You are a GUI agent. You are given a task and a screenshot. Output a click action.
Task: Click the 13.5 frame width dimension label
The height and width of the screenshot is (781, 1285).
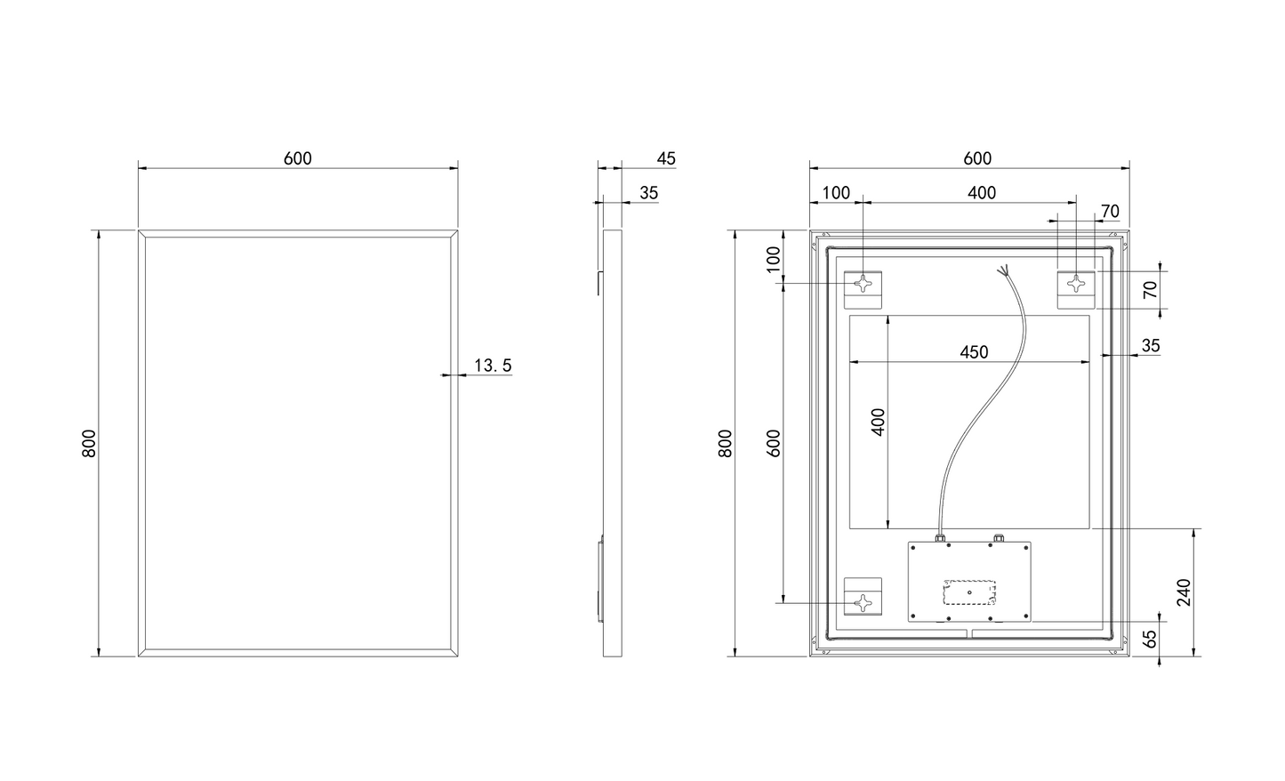tap(493, 366)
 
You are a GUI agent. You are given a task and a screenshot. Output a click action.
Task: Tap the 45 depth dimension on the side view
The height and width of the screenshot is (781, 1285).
tap(666, 158)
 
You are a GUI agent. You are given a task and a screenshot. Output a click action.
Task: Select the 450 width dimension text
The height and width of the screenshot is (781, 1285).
tap(974, 351)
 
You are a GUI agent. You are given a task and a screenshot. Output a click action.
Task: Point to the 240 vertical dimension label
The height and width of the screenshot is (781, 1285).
tap(1184, 592)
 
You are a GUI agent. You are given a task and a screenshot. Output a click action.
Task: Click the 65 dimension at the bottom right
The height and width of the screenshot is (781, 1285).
tap(1150, 639)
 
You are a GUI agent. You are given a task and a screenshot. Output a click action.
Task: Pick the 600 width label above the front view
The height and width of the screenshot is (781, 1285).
tap(298, 158)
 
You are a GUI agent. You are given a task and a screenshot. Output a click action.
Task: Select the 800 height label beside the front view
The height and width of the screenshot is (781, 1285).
tap(89, 443)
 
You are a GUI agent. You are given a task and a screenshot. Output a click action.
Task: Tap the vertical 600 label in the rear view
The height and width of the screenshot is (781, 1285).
tap(774, 443)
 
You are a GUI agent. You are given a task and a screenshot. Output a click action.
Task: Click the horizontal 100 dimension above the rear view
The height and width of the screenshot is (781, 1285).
tap(836, 193)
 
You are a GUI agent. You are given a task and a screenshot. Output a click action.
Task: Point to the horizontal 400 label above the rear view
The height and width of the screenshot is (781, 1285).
tap(982, 193)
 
